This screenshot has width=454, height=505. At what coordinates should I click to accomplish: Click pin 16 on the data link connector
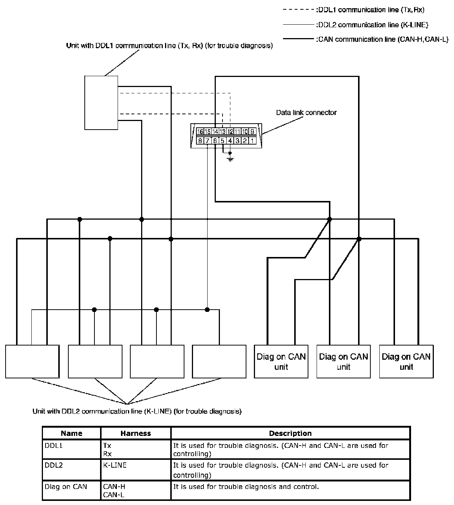coord(200,131)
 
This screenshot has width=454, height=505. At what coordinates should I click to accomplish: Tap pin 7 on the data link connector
coord(208,141)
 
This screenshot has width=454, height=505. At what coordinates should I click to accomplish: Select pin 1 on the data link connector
coord(252,141)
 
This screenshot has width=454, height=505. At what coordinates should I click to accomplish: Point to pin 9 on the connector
coord(252,131)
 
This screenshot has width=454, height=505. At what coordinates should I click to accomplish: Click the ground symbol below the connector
coord(230,158)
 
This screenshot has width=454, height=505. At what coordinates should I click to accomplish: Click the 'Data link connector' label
coord(306,112)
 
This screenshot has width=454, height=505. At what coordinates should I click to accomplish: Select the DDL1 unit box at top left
coord(101,102)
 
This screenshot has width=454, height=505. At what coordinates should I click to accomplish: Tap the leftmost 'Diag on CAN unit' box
coord(281,362)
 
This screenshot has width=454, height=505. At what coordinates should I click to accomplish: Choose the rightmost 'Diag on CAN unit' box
coord(406,362)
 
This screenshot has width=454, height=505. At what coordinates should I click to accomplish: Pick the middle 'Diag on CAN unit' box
coord(343,362)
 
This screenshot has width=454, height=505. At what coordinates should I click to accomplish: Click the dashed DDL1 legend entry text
coord(369,10)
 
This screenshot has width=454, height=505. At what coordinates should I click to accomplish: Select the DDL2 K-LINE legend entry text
coord(371,25)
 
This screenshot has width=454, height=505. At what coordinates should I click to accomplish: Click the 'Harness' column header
coord(136,433)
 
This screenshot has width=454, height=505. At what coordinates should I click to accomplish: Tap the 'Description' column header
coord(290,433)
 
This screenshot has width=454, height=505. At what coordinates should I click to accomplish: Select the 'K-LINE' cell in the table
coord(115,465)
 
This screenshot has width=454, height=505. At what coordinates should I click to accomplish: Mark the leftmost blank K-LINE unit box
coord(32,362)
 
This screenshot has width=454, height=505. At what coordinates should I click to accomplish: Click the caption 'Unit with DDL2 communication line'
coord(137,412)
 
